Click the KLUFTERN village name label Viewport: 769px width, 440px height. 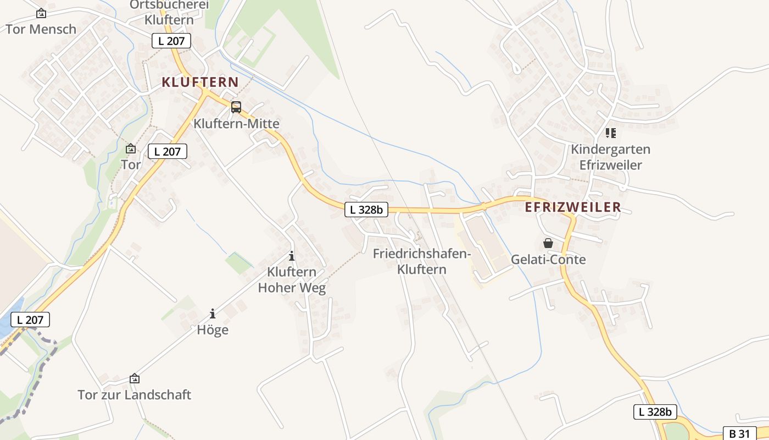(x=200, y=82)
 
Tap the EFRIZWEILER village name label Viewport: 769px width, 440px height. (x=573, y=207)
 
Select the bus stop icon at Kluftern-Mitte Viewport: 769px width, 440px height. (x=236, y=107)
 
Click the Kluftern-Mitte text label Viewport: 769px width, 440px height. (x=236, y=124)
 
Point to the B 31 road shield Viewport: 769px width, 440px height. (x=739, y=433)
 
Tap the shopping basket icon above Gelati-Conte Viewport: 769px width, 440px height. (x=548, y=243)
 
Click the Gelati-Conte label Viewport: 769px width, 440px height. (x=548, y=260)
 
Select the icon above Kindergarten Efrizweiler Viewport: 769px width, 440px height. (x=610, y=133)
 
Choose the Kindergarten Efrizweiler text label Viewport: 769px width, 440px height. (x=610, y=157)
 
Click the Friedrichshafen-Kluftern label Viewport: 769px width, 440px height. (x=422, y=261)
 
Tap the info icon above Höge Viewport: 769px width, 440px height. (x=213, y=314)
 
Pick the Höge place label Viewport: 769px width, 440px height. (x=213, y=330)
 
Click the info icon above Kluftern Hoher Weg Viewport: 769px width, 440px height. (x=292, y=256)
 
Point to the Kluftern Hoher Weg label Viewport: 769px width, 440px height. (x=292, y=279)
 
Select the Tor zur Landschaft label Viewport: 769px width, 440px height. (x=135, y=395)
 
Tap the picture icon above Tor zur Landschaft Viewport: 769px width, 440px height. (x=135, y=379)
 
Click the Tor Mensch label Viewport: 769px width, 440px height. (x=41, y=29)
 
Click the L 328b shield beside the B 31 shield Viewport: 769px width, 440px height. (x=655, y=412)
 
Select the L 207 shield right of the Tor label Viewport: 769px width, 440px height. (x=168, y=151)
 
